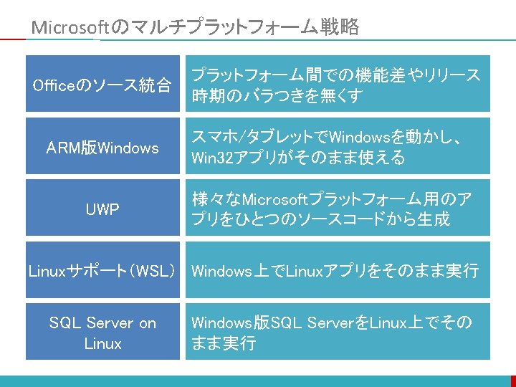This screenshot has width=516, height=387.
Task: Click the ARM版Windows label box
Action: click(102, 148)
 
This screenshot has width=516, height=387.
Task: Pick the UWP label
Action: click(102, 209)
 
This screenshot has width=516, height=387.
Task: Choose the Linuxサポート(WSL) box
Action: click(102, 271)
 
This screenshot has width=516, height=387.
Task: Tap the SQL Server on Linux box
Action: click(102, 333)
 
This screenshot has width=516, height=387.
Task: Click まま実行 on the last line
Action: click(223, 343)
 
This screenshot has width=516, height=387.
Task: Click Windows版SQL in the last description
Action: click(237, 322)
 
